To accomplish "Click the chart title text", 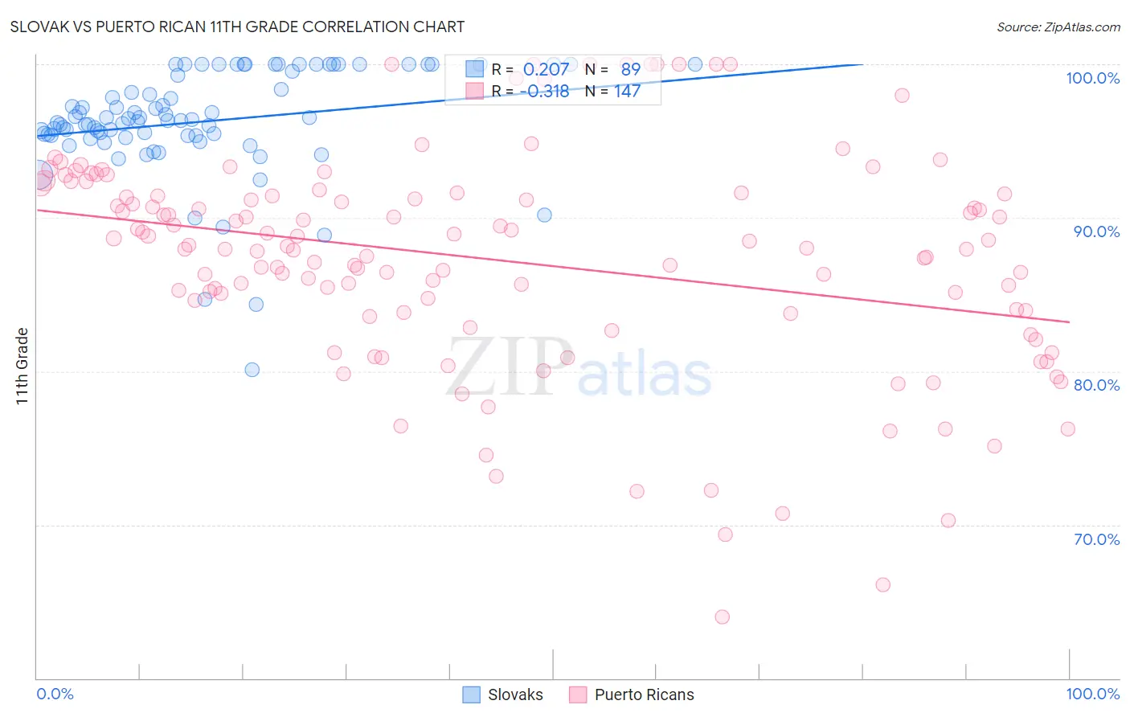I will [237, 27].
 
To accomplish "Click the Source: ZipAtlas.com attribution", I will [1058, 27].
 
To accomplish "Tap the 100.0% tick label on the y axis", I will [1092, 78].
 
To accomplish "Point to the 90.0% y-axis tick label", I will [1096, 231].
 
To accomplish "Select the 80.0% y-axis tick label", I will [1096, 385].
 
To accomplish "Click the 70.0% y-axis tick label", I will [1096, 539].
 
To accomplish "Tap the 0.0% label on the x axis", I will [55, 694].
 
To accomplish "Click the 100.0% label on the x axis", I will [1092, 694].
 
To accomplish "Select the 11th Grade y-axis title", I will [23, 366].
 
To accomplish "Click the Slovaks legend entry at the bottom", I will [503, 694].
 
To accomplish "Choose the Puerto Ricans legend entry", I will [632, 694].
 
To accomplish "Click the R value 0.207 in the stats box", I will [546, 69].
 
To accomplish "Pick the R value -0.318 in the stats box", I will [544, 91].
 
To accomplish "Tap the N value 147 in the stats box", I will [627, 91].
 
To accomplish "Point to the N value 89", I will [630, 69].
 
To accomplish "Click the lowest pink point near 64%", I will [722, 617].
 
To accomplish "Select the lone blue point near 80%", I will [252, 370].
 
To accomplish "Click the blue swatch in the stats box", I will [474, 69].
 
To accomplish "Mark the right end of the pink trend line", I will [1069, 322].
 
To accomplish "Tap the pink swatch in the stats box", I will [474, 91].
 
